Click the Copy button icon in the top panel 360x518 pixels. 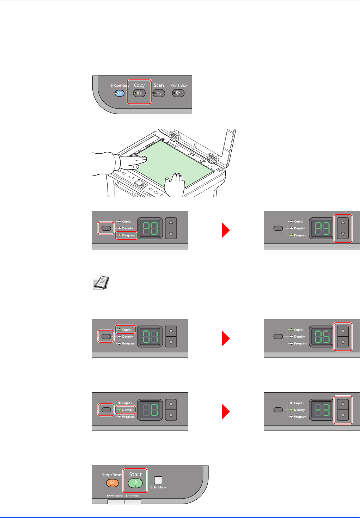tap(139, 93)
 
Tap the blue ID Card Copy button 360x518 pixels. tap(120, 93)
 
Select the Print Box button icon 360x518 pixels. tap(178, 93)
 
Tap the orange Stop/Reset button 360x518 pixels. tap(112, 483)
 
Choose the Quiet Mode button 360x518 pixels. tap(158, 480)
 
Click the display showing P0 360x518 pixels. tap(150, 228)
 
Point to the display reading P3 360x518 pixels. tap(322, 228)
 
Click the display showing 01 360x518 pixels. tap(150, 337)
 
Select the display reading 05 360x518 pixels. tap(322, 337)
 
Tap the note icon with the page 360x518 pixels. tap(102, 283)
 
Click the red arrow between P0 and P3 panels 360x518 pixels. tap(226, 230)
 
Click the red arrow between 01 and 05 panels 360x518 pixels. tap(226, 338)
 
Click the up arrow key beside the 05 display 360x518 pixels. tap(343, 331)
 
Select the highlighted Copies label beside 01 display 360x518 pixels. tap(127, 330)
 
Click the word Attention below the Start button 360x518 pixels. tap(133, 496)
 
